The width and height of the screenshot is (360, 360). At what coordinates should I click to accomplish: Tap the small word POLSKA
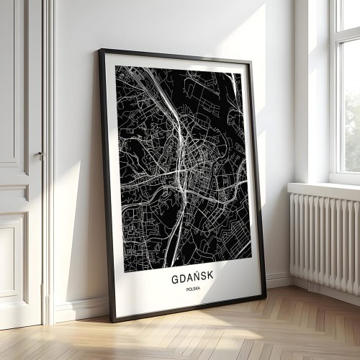coord(193,289)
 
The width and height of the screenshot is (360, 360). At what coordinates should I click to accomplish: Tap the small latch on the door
coord(42,155)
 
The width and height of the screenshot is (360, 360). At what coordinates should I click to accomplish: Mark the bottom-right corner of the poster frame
coord(264,298)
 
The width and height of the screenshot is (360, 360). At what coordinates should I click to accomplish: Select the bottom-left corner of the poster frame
coord(112,320)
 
